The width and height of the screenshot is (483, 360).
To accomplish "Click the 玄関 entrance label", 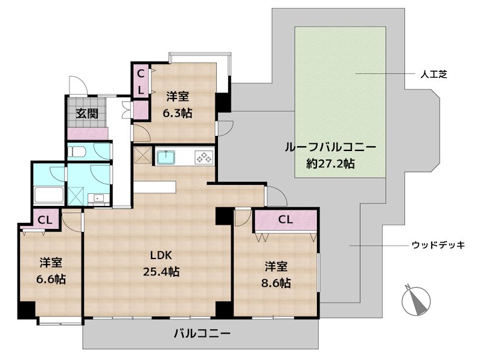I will tap(88, 113).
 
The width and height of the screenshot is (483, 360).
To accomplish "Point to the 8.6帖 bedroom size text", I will tap(277, 282).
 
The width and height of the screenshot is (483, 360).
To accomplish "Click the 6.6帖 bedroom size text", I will tap(52, 279).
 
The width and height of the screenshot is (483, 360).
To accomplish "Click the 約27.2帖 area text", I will tap(330, 163).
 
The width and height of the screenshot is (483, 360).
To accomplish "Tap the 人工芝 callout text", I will tap(433, 74).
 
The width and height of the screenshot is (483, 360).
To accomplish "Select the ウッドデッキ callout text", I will tap(438, 245).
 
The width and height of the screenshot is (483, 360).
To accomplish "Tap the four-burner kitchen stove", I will tap(203, 158).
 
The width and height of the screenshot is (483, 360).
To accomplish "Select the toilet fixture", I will tap(77, 152).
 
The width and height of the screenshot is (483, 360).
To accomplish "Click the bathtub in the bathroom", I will tap(48, 194).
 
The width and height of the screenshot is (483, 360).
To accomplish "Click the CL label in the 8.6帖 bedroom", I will tap(285, 220).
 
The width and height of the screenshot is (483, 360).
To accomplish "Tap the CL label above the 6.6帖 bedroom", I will tap(45, 219).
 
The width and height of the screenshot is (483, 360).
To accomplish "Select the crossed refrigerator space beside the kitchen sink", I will tap(142, 155).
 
